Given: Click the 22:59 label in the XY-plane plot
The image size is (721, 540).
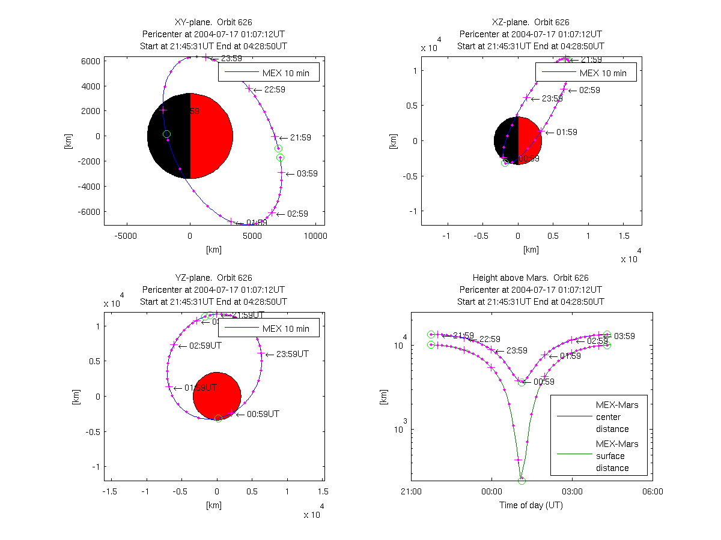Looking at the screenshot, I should coord(275,89).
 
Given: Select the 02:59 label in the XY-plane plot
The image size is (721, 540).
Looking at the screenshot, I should coord(298,214).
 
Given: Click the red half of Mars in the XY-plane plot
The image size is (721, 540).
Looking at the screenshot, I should coord(211,136).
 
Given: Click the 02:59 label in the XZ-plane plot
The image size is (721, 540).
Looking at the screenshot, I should coord(589,90).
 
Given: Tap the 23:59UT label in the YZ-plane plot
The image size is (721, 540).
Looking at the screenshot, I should coord(291,354).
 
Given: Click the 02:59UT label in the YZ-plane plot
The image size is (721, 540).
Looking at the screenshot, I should coord(205,346).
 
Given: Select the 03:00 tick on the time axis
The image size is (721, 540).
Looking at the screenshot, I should coord(571,491).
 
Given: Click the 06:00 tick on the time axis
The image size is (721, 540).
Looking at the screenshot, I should coord(652,491).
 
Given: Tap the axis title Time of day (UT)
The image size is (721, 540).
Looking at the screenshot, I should coord(531,505).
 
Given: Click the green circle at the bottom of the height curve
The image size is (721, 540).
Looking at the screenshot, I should coord(522,481).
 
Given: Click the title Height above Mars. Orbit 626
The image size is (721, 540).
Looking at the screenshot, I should coord(531,278).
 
